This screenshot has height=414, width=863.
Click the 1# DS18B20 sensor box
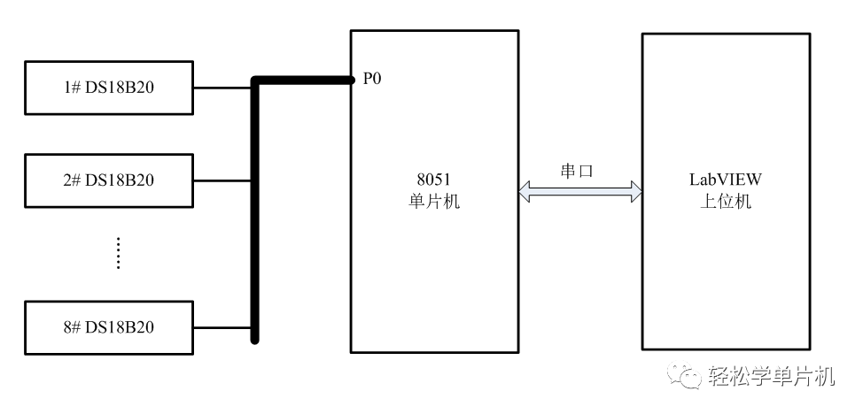coord(109,88)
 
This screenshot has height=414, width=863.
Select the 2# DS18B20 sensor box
coord(109,180)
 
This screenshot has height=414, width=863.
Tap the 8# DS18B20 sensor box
coord(109,327)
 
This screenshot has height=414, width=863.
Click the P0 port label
coord(372,80)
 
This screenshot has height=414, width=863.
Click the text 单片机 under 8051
coord(433,201)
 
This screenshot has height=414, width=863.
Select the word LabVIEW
coord(726,180)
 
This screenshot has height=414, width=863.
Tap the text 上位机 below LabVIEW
coord(726,201)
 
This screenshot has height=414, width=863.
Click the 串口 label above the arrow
coord(578,171)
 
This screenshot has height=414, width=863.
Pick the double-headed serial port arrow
coord(580,188)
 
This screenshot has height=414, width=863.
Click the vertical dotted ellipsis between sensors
coord(118,253)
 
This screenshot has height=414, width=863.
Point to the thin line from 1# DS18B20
coord(222,88)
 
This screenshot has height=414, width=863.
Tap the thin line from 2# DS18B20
coord(222,180)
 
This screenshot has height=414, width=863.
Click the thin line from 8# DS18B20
coord(222,327)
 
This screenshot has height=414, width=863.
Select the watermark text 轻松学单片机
coord(772,378)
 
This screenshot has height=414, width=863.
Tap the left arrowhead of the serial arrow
coord(525,188)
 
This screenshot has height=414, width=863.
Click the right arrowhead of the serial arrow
coord(635,188)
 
